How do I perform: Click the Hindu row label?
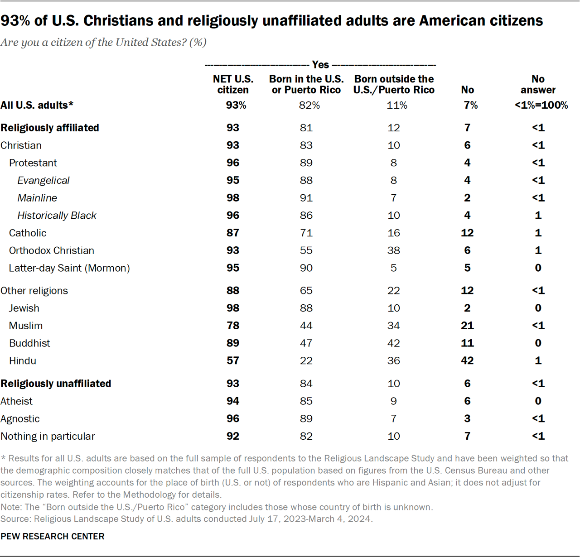coord(23,361)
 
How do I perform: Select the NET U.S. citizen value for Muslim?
coord(233,326)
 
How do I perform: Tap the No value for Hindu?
coord(467,361)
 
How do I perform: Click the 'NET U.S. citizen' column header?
coord(233,84)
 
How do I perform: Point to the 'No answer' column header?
coord(538,84)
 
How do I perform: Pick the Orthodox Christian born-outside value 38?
coord(394,250)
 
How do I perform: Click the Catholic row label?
coord(28,233)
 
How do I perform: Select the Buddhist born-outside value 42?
coord(394,343)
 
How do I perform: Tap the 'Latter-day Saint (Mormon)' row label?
coord(69,268)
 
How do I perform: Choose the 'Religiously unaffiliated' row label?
coord(56,384)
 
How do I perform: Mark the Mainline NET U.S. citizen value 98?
coord(233,198)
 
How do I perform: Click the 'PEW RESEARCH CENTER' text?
coord(53,536)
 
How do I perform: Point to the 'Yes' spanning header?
coord(320,65)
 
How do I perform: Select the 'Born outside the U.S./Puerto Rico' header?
coord(394,84)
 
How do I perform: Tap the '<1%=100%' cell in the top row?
coord(541,105)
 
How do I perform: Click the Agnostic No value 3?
coord(467,419)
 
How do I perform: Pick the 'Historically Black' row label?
coord(57,216)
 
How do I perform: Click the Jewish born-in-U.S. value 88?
coord(306,308)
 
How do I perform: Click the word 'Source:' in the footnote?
coord(16,519)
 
